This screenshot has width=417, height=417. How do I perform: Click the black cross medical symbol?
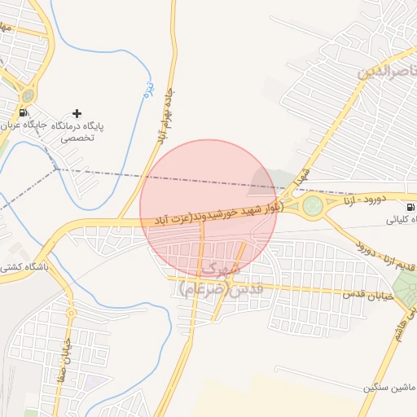(77, 112)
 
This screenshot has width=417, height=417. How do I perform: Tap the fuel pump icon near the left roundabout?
(22, 113)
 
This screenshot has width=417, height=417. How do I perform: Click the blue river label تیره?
(148, 88)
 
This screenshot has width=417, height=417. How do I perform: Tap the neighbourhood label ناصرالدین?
(380, 72)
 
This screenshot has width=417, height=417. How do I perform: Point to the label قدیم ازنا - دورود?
(378, 256)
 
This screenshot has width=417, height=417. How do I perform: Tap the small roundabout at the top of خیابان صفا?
(71, 312)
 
